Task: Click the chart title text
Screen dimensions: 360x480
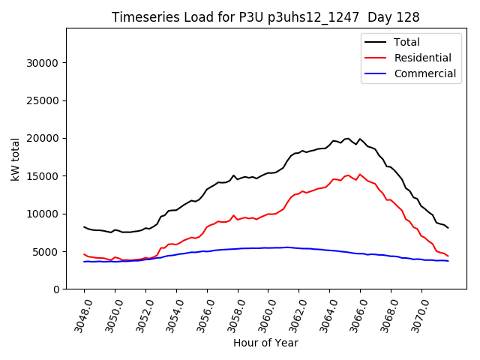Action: pyautogui.click(x=265, y=17)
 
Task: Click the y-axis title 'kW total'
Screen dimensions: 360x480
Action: pyautogui.click(x=16, y=159)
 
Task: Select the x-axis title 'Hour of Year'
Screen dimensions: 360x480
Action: pyautogui.click(x=265, y=343)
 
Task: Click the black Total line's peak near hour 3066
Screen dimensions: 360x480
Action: pyautogui.click(x=360, y=139)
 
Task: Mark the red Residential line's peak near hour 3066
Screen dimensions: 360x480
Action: pyautogui.click(x=360, y=174)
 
